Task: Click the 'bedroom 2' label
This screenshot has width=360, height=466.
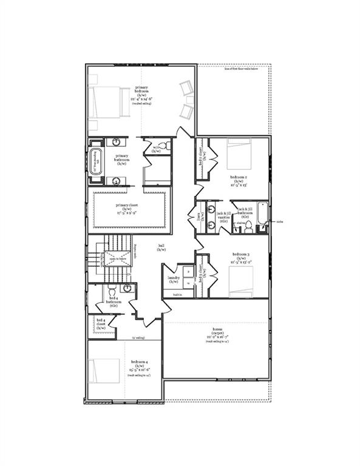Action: pos(238,180)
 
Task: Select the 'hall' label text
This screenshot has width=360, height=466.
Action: pos(161,248)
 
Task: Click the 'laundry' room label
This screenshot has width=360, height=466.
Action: pos(174,280)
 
